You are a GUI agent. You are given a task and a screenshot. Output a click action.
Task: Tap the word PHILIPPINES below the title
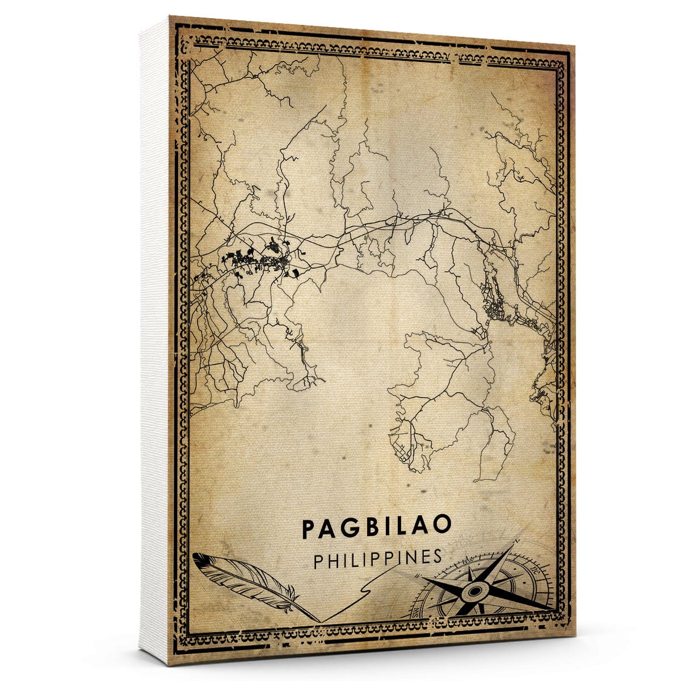(x=377, y=558)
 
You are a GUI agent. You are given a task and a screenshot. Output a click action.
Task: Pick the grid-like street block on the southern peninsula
(x=401, y=448)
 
